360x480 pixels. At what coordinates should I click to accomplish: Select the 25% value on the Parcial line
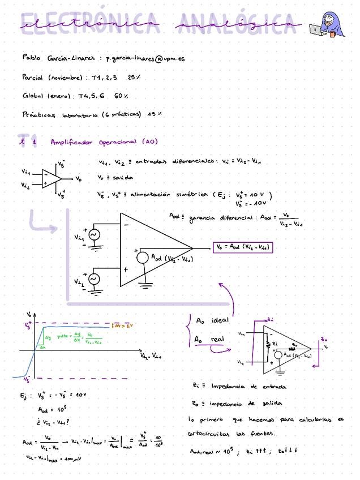pyautogui.click(x=134, y=77)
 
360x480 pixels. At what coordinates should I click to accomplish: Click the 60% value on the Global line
pyautogui.click(x=121, y=96)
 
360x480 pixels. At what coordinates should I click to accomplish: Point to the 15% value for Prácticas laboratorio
pyautogui.click(x=155, y=114)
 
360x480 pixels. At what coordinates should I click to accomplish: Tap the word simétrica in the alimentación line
pyautogui.click(x=191, y=195)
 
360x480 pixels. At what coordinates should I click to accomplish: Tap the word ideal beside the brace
pyautogui.click(x=219, y=320)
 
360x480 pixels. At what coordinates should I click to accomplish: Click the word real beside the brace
pyautogui.click(x=217, y=339)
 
